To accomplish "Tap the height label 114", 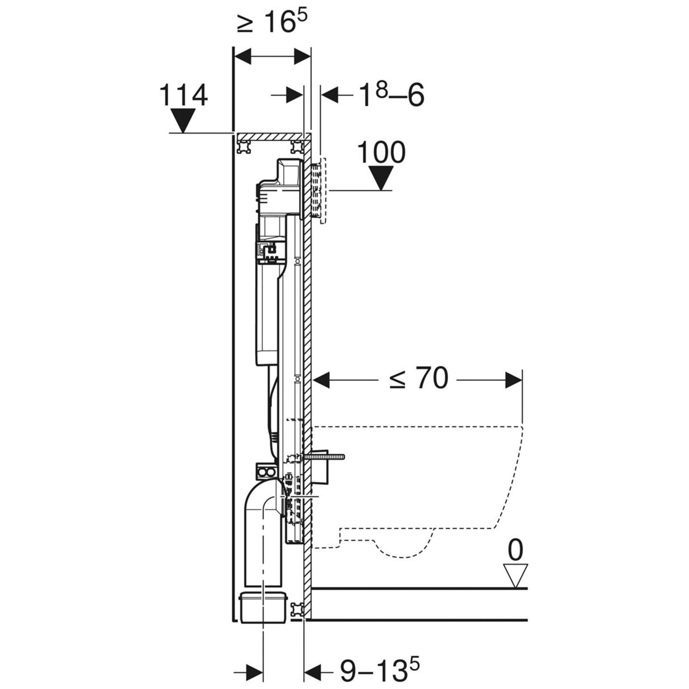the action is [183, 95].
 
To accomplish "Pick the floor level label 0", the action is [515, 550].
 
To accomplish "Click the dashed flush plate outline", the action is [322, 191].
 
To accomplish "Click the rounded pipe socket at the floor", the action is [262, 606].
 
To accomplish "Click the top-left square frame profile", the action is [244, 147].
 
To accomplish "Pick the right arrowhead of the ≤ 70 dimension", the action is [513, 380].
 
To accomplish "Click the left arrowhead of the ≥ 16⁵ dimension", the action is [242, 56].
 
